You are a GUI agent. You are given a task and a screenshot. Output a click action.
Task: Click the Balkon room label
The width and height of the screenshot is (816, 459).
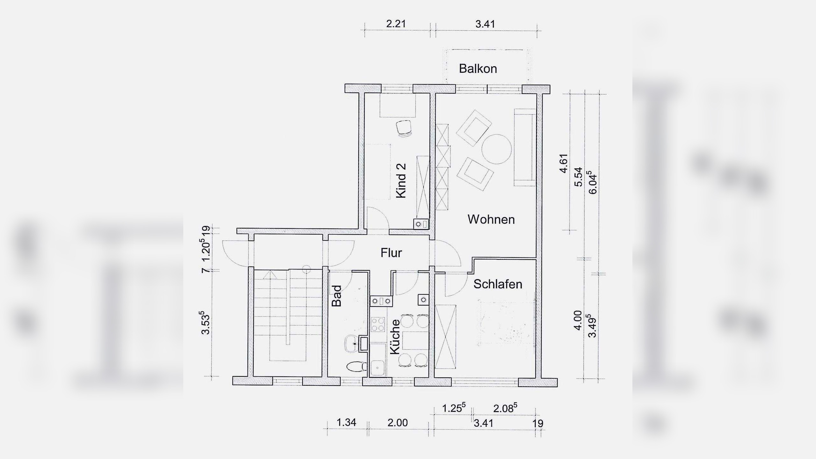coord(478,69)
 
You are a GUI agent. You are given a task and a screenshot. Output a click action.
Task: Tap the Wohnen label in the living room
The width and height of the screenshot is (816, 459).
coord(491,220)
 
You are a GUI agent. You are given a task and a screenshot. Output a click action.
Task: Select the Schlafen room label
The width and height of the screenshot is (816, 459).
coord(498,284)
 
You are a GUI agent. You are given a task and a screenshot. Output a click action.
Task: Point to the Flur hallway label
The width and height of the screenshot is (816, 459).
coord(391,253)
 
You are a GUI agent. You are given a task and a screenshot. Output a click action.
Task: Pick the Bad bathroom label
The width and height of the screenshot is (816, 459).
coord(337,296)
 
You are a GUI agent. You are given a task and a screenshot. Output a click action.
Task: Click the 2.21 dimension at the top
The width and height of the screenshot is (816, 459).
coord(396,24)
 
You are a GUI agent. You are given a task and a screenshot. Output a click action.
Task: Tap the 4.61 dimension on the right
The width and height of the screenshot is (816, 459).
coord(564,164)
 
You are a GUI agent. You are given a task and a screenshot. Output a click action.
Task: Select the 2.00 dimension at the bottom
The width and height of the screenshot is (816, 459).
coord(397,423)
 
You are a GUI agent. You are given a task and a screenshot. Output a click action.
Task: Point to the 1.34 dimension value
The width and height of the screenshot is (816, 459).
coord(346,422)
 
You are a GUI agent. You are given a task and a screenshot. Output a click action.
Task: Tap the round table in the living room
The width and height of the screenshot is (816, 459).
coord(497,149)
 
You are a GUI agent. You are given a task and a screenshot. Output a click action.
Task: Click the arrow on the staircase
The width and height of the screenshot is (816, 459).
coord(270,274)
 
